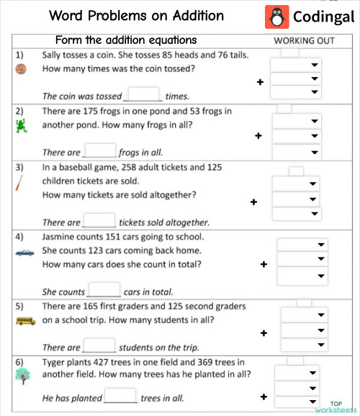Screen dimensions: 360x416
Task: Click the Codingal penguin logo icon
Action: click(x=274, y=17)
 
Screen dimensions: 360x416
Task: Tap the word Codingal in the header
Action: click(x=320, y=17)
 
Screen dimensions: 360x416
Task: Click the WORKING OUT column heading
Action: click(x=304, y=40)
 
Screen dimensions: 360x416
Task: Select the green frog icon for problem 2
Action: click(x=22, y=127)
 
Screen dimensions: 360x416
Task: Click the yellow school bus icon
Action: click(x=24, y=320)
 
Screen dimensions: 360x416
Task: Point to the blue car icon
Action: click(x=24, y=253)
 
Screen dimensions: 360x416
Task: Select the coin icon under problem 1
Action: click(x=21, y=69)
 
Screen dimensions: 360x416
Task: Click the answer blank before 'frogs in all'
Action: click(x=100, y=151)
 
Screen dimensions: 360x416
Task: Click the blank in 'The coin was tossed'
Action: click(x=144, y=95)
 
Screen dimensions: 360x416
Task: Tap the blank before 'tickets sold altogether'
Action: click(x=100, y=221)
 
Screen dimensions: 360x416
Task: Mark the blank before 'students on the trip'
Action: click(x=100, y=346)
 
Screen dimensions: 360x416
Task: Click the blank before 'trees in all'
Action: click(x=121, y=397)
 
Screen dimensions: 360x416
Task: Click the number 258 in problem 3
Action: click(x=128, y=167)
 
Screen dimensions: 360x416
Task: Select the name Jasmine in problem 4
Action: click(x=60, y=237)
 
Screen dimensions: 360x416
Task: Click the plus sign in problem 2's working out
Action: click(x=258, y=135)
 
